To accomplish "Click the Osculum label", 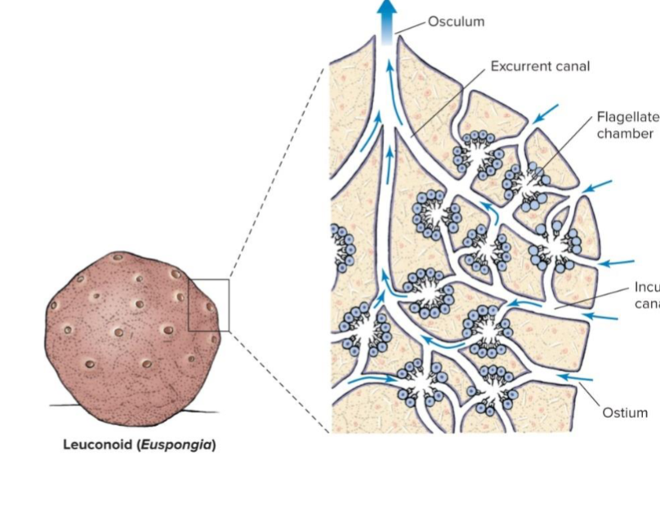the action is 456,21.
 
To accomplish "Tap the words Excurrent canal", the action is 539,65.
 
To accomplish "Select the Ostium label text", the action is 625,413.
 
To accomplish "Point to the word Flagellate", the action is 627,117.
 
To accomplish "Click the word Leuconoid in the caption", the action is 97,445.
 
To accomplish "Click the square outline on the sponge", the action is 208,305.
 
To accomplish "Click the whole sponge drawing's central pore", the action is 119,333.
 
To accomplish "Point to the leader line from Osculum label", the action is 412,27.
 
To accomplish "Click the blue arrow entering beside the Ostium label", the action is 574,378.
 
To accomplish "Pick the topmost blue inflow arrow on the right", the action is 547,110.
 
